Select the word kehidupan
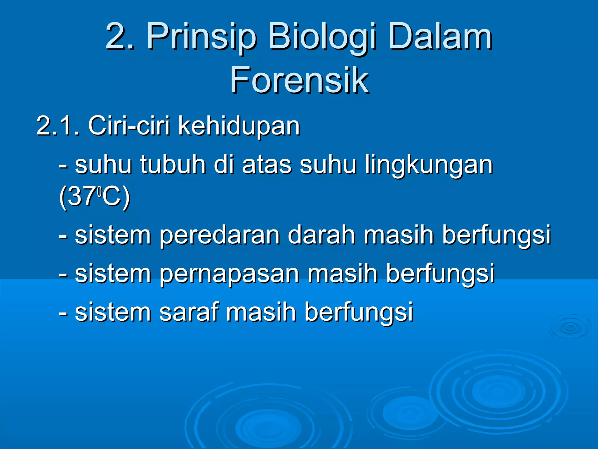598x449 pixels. pos(239,126)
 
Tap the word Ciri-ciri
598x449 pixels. pos(128,126)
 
